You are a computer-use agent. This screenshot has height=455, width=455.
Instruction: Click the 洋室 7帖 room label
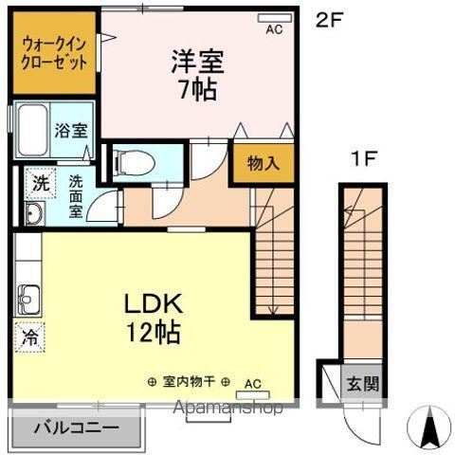click(195, 75)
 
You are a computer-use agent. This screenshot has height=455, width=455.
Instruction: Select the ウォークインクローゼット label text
click(53, 51)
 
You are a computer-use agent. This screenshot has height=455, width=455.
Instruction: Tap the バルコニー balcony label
click(77, 428)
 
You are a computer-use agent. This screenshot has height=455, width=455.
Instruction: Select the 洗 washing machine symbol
click(41, 180)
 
